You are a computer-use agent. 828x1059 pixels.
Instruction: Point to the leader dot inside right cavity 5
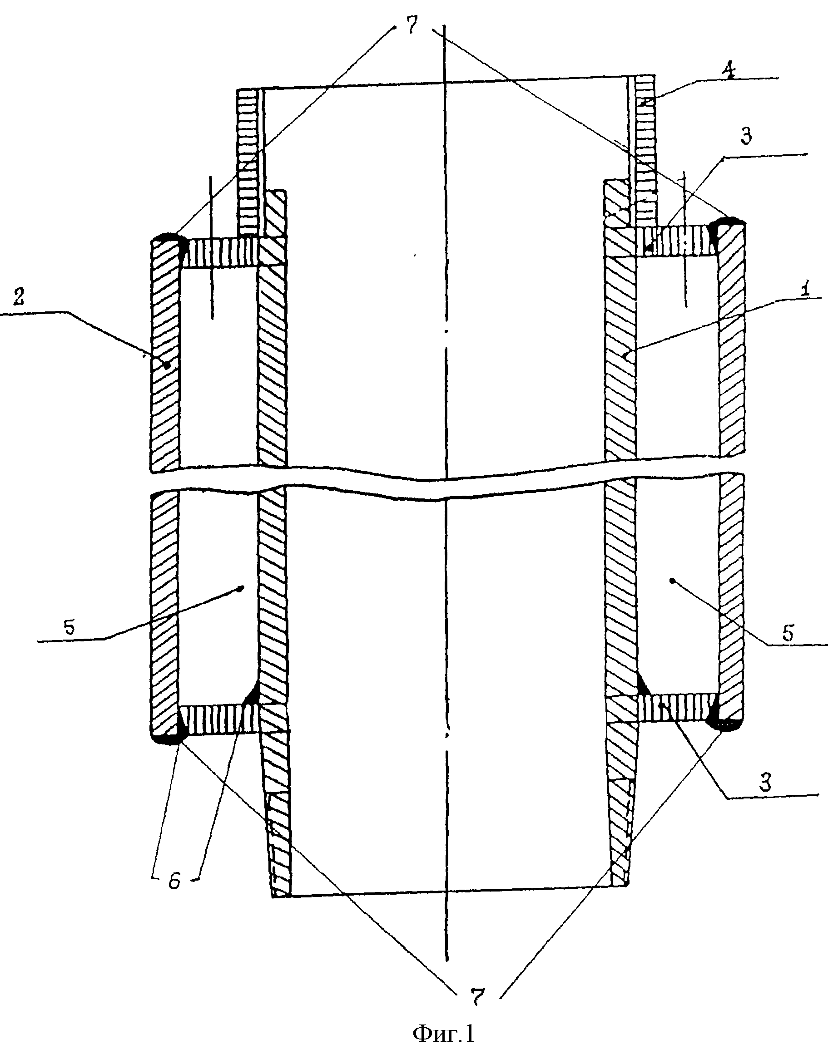671,580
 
